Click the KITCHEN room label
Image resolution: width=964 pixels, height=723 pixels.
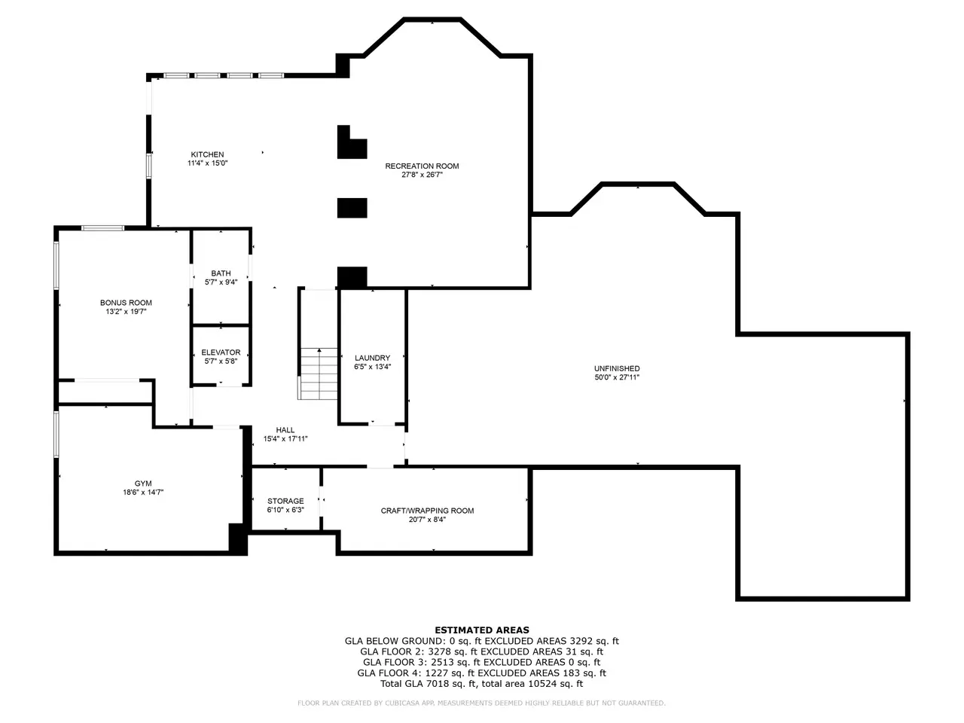pyautogui.click(x=207, y=154)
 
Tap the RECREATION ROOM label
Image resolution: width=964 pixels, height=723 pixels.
pyautogui.click(x=422, y=166)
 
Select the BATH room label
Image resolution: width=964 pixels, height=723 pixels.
pyautogui.click(x=221, y=273)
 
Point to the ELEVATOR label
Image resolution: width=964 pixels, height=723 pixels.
pyautogui.click(x=221, y=352)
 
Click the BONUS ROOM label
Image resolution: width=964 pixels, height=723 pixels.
pyautogui.click(x=126, y=303)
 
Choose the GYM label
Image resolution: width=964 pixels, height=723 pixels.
pyautogui.click(x=143, y=484)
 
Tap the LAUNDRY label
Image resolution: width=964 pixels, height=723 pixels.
pyautogui.click(x=373, y=358)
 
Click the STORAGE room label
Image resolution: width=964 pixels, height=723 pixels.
pyautogui.click(x=285, y=502)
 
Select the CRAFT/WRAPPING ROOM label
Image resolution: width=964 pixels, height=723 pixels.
pyautogui.click(x=427, y=511)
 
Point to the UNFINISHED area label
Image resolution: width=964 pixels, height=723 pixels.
pyautogui.click(x=617, y=369)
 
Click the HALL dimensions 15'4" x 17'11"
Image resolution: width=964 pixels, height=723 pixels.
pyautogui.click(x=285, y=439)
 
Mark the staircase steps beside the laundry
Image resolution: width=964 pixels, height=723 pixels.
pyautogui.click(x=318, y=374)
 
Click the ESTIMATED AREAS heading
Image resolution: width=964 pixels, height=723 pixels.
pyautogui.click(x=482, y=630)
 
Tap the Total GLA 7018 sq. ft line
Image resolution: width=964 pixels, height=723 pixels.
pyautogui.click(x=482, y=684)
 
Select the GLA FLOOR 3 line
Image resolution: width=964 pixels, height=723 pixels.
pyautogui.click(x=482, y=663)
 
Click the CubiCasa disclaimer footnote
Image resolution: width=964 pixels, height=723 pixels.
pyautogui.click(x=482, y=703)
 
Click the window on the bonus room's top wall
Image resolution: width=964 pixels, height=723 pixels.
pyautogui.click(x=102, y=228)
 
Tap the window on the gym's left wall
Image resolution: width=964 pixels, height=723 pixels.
pyautogui.click(x=56, y=434)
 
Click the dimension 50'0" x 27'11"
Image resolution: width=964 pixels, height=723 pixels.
pyautogui.click(x=617, y=377)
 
